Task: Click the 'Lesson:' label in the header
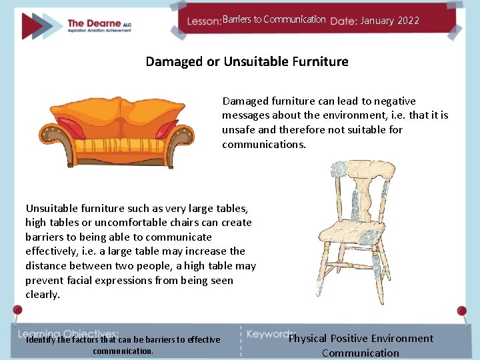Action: tap(204, 21)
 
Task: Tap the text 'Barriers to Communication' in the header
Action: tap(274, 19)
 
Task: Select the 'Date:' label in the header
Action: tap(343, 21)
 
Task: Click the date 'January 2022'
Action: tap(390, 21)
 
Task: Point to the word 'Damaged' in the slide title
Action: tap(175, 62)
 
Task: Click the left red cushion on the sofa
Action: tap(71, 127)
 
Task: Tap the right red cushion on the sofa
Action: tap(166, 127)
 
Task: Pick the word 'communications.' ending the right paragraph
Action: tap(264, 145)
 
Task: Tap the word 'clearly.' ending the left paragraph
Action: tap(43, 295)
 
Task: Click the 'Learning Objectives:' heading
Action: tap(68, 333)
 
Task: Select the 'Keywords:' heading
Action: tap(271, 333)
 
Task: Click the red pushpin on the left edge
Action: tap(17, 311)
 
